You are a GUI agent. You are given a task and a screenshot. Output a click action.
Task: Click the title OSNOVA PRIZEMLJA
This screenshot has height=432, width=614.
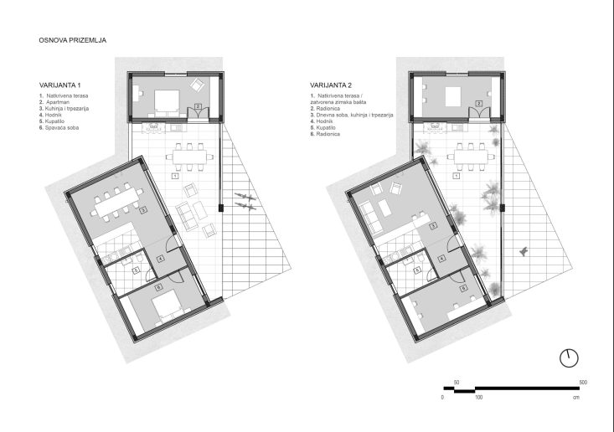[x=72, y=39]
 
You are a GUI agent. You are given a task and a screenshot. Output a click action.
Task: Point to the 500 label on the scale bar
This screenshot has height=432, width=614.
[x=582, y=382]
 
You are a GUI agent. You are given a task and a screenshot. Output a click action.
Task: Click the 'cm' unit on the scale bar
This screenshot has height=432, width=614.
[x=576, y=397]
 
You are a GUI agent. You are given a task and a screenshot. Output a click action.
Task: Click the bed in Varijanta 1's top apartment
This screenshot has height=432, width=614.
[x=164, y=101]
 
